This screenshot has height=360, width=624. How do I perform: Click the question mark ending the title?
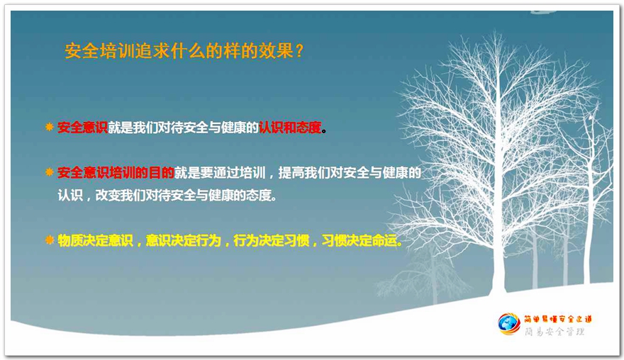300,51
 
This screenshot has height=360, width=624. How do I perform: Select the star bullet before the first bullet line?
50,128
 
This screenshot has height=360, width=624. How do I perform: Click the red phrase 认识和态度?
290,128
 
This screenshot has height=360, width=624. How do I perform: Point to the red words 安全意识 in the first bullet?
82,128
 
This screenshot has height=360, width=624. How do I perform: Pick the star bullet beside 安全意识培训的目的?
50,172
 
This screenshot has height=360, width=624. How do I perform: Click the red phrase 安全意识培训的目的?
116,173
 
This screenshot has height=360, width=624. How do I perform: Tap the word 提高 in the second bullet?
291,173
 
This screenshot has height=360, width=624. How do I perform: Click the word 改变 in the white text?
108,196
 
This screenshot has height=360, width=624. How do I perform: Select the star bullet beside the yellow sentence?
50,240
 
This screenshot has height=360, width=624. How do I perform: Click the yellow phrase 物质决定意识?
95,241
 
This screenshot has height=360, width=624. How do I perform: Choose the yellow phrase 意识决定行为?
183,241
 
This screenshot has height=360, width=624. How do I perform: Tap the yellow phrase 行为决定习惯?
272,241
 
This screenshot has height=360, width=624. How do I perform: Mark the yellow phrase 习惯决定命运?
360,241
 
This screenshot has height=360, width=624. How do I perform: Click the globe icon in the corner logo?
508,324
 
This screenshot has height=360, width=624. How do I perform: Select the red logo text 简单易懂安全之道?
557,319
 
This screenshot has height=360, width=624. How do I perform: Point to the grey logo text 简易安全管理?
555,332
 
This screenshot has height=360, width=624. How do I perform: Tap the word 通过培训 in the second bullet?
239,173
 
